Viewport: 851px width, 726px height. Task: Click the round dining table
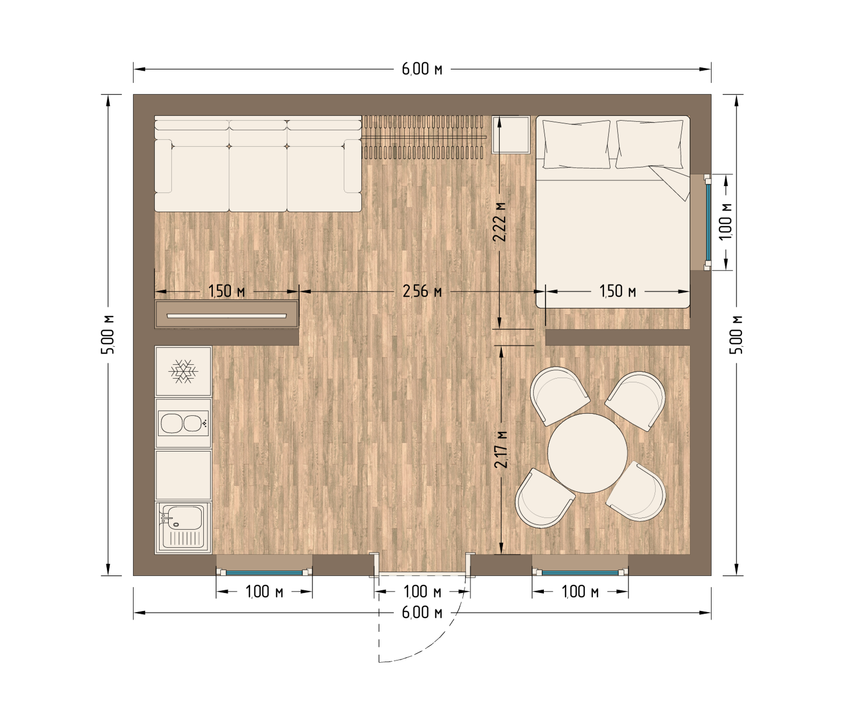coord(588,453)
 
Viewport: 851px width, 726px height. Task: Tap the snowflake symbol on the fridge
coord(183,371)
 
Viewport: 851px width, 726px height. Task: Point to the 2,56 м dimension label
coord(422,291)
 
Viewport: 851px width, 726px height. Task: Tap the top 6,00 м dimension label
coord(422,69)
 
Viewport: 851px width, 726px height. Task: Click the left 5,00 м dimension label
coord(109,335)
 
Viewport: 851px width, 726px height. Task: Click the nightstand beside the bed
coord(511,135)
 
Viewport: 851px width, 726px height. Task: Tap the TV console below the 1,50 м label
coord(227,314)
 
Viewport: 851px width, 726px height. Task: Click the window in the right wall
coord(708,222)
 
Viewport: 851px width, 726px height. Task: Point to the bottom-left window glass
coord(264,573)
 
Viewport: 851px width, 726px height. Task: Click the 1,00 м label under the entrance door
coord(423,591)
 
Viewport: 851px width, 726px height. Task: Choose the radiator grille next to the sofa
coord(424,137)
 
